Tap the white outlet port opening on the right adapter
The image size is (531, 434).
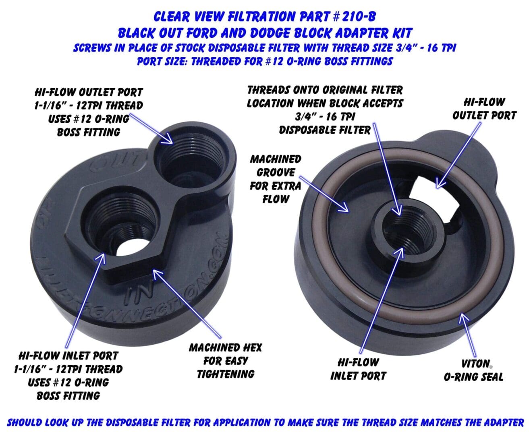[x=434, y=201]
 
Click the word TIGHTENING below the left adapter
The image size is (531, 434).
[x=226, y=374]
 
